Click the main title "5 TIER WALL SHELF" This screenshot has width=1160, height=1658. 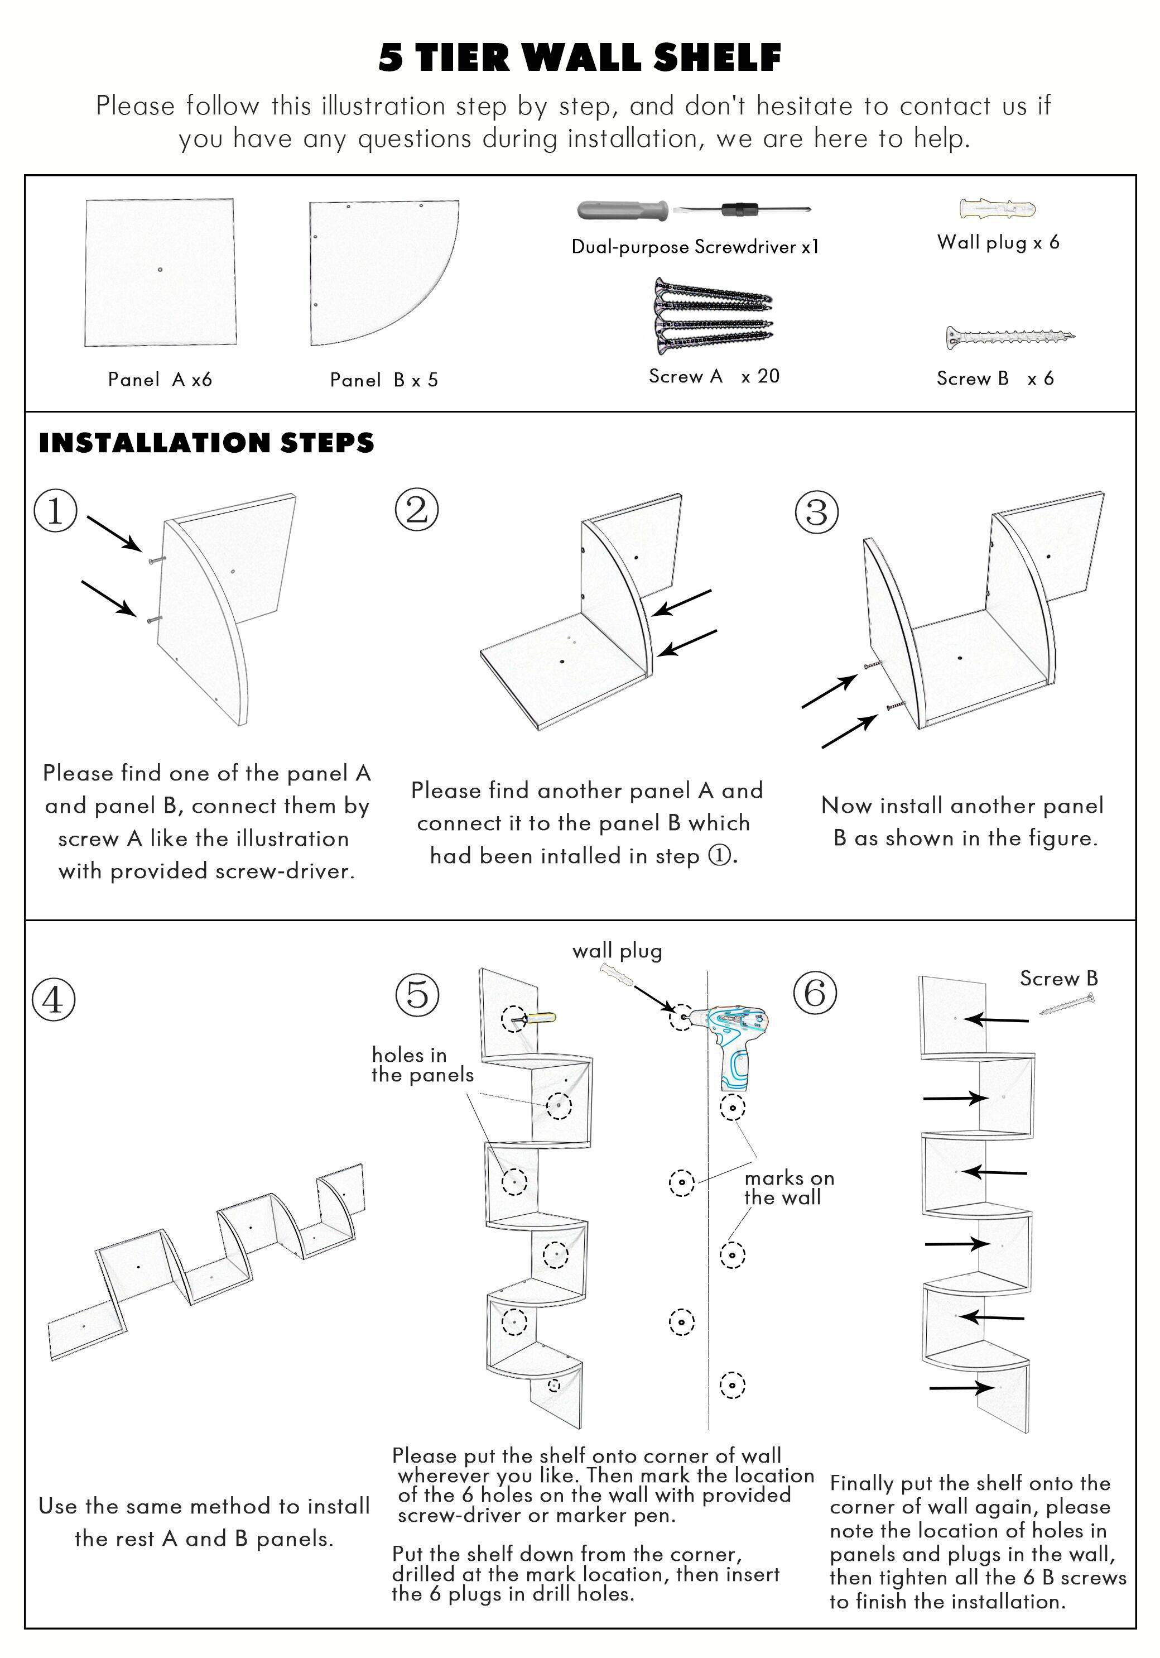(580, 57)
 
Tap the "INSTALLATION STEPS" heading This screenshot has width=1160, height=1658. (206, 443)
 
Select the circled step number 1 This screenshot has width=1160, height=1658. (55, 511)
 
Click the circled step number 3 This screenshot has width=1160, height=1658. (816, 512)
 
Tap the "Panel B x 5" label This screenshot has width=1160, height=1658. (384, 381)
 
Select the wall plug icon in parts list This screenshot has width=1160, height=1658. (998, 209)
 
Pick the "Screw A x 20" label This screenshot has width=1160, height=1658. (714, 376)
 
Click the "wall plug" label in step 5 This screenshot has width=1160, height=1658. (617, 951)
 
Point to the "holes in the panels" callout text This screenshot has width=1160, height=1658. (422, 1065)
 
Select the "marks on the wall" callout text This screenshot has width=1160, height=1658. (789, 1188)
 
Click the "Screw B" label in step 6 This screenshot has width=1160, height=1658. (1059, 979)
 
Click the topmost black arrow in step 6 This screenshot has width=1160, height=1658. (998, 1019)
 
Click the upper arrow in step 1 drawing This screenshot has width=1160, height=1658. (114, 532)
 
